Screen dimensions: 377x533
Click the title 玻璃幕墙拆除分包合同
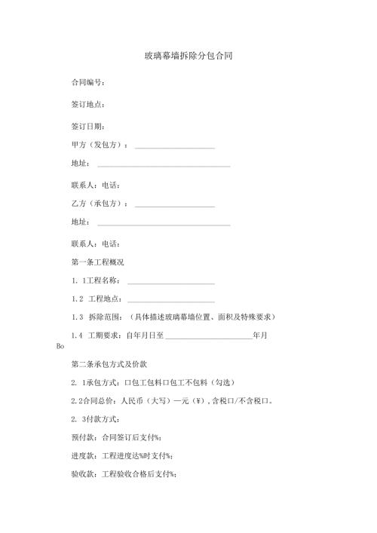click(x=188, y=57)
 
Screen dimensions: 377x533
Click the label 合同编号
click(x=87, y=82)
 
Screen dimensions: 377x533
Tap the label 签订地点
click(x=87, y=104)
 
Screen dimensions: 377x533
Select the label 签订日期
click(x=87, y=126)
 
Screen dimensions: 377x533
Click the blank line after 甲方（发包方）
click(x=173, y=146)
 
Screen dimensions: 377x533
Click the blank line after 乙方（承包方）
click(x=173, y=204)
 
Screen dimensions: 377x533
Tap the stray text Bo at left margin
click(x=61, y=347)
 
